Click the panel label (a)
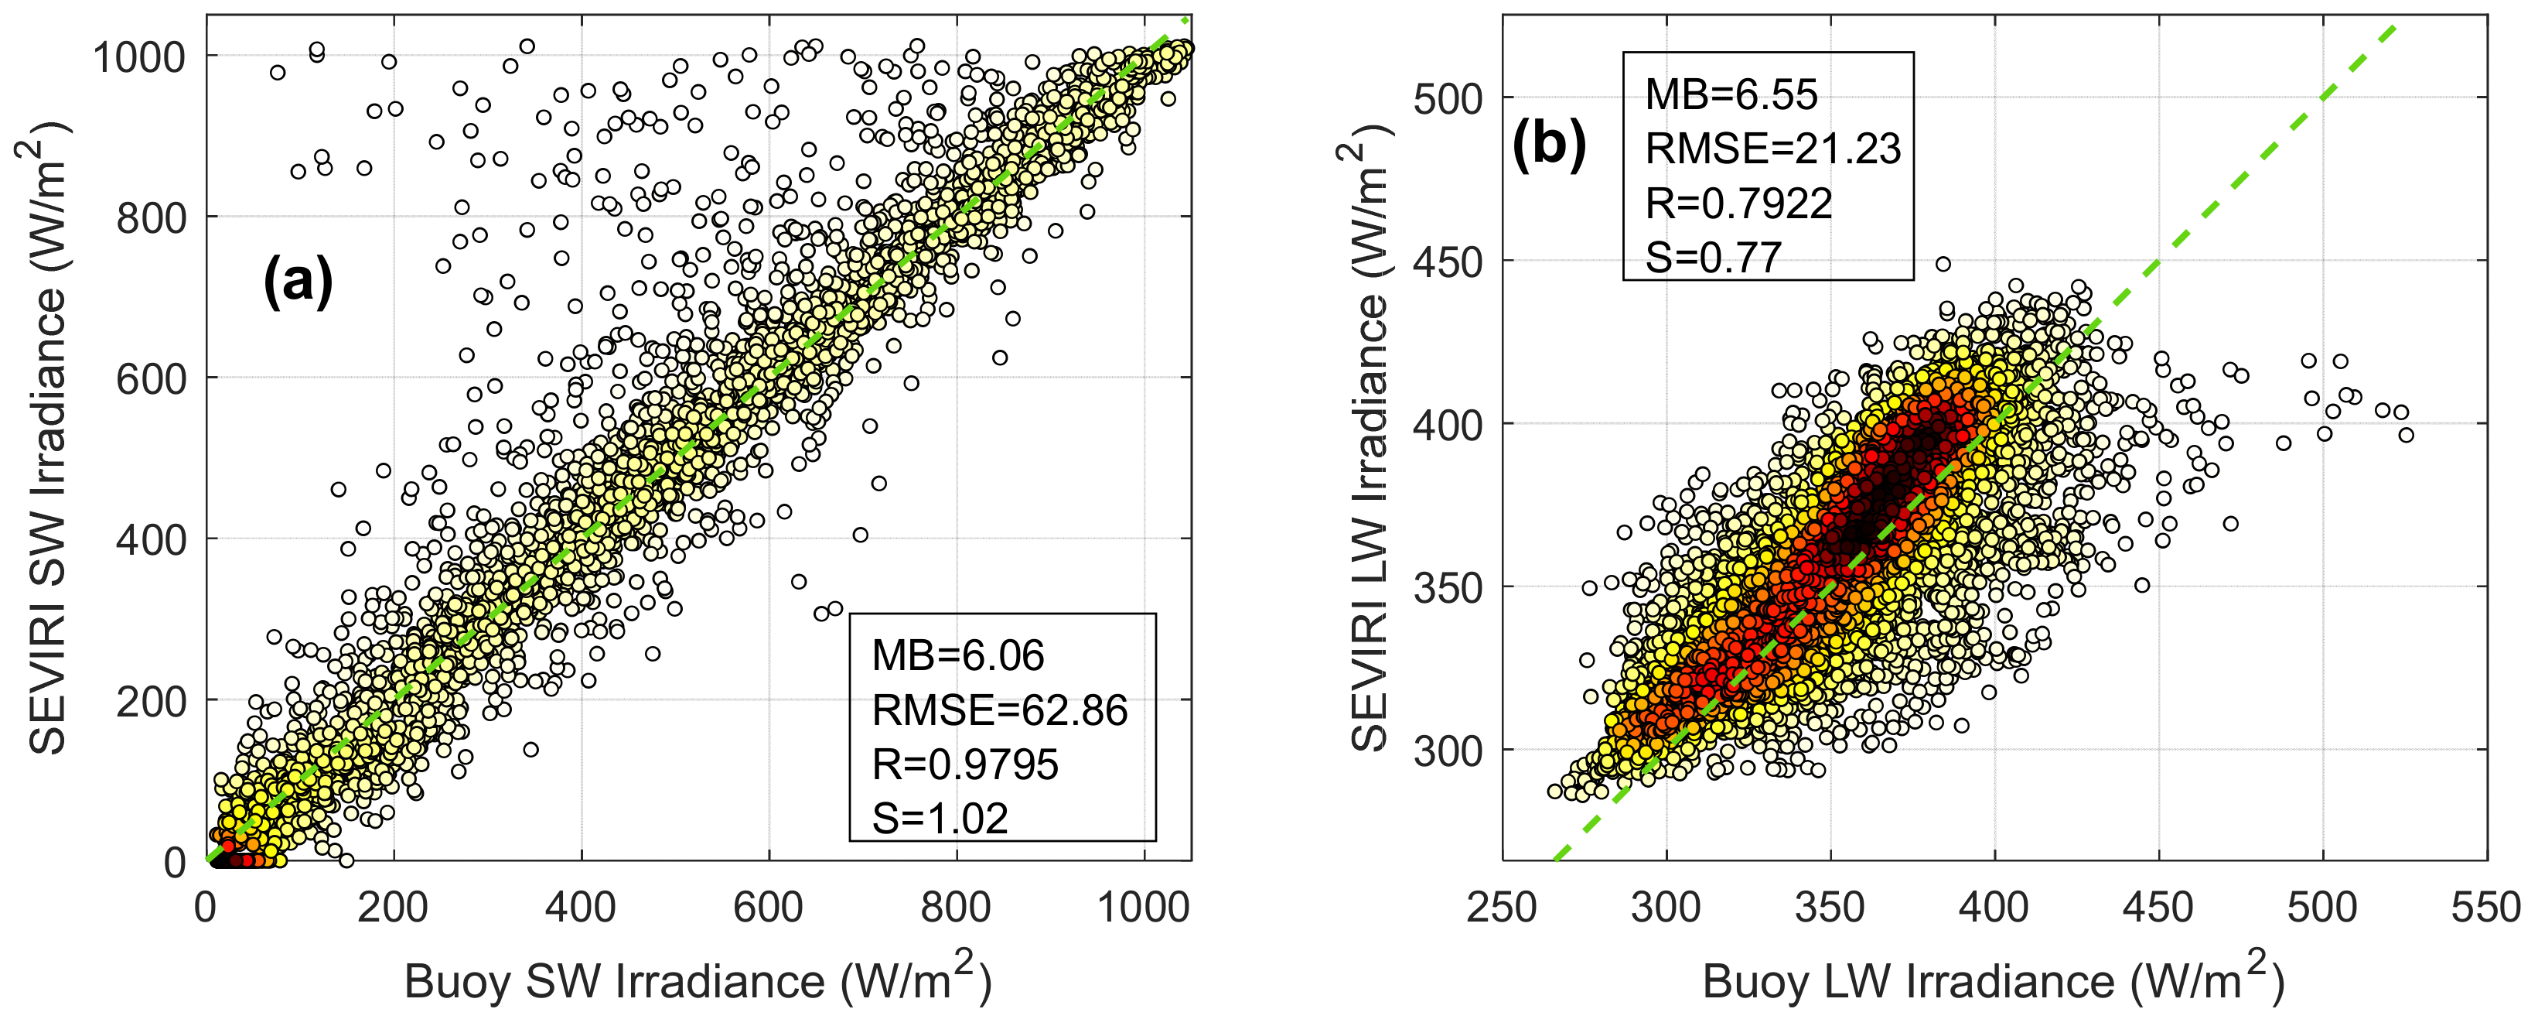point(298,281)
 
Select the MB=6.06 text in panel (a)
point(957,655)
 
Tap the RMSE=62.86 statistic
point(999,710)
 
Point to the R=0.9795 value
point(964,764)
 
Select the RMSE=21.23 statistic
point(1772,149)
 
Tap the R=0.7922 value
point(1738,203)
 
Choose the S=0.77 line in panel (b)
point(1714,257)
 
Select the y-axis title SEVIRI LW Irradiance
point(1367,438)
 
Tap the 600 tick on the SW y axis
point(151,378)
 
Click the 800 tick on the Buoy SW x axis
point(956,907)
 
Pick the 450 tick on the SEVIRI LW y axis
point(1448,262)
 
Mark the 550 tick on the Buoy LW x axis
point(2485,907)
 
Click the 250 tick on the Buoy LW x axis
point(1502,907)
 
